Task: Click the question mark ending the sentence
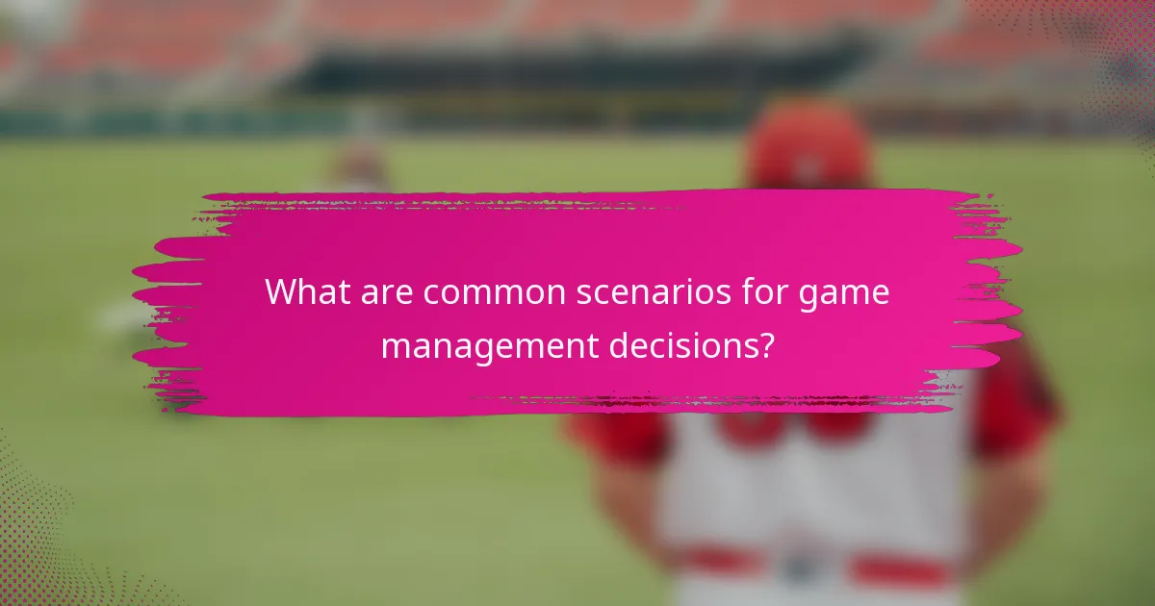click(765, 343)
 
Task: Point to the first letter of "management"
click(397, 345)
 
